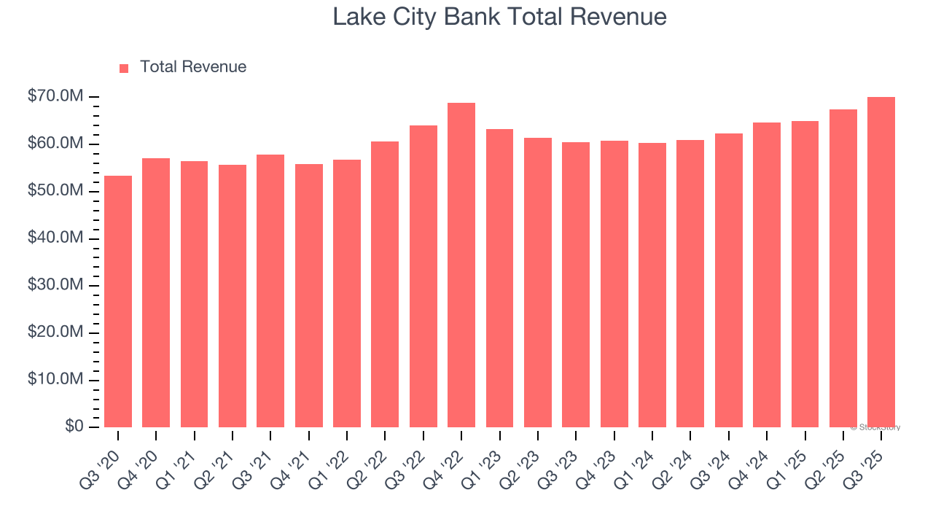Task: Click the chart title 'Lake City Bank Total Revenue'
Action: click(499, 17)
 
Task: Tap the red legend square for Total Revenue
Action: click(124, 68)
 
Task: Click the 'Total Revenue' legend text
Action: click(193, 67)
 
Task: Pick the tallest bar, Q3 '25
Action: click(881, 262)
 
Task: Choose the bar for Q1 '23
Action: click(499, 278)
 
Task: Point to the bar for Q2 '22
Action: click(385, 284)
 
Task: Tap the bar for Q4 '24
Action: click(767, 275)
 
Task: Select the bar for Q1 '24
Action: click(652, 285)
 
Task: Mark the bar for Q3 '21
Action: click(270, 291)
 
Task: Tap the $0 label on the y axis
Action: click(74, 427)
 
